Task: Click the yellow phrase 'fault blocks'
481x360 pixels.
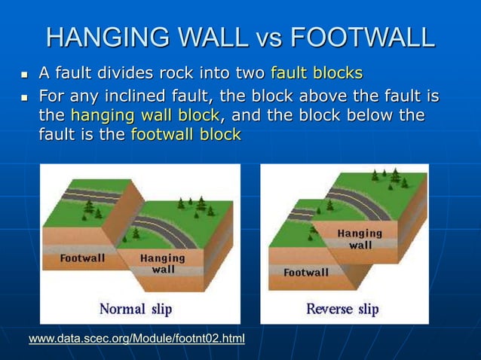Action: pyautogui.click(x=317, y=73)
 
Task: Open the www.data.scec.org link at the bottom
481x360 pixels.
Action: pyautogui.click(x=136, y=339)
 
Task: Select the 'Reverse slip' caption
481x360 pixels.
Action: pyautogui.click(x=342, y=309)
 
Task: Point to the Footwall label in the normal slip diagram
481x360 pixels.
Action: pyautogui.click(x=82, y=258)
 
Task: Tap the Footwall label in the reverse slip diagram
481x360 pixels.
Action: pyautogui.click(x=305, y=272)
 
